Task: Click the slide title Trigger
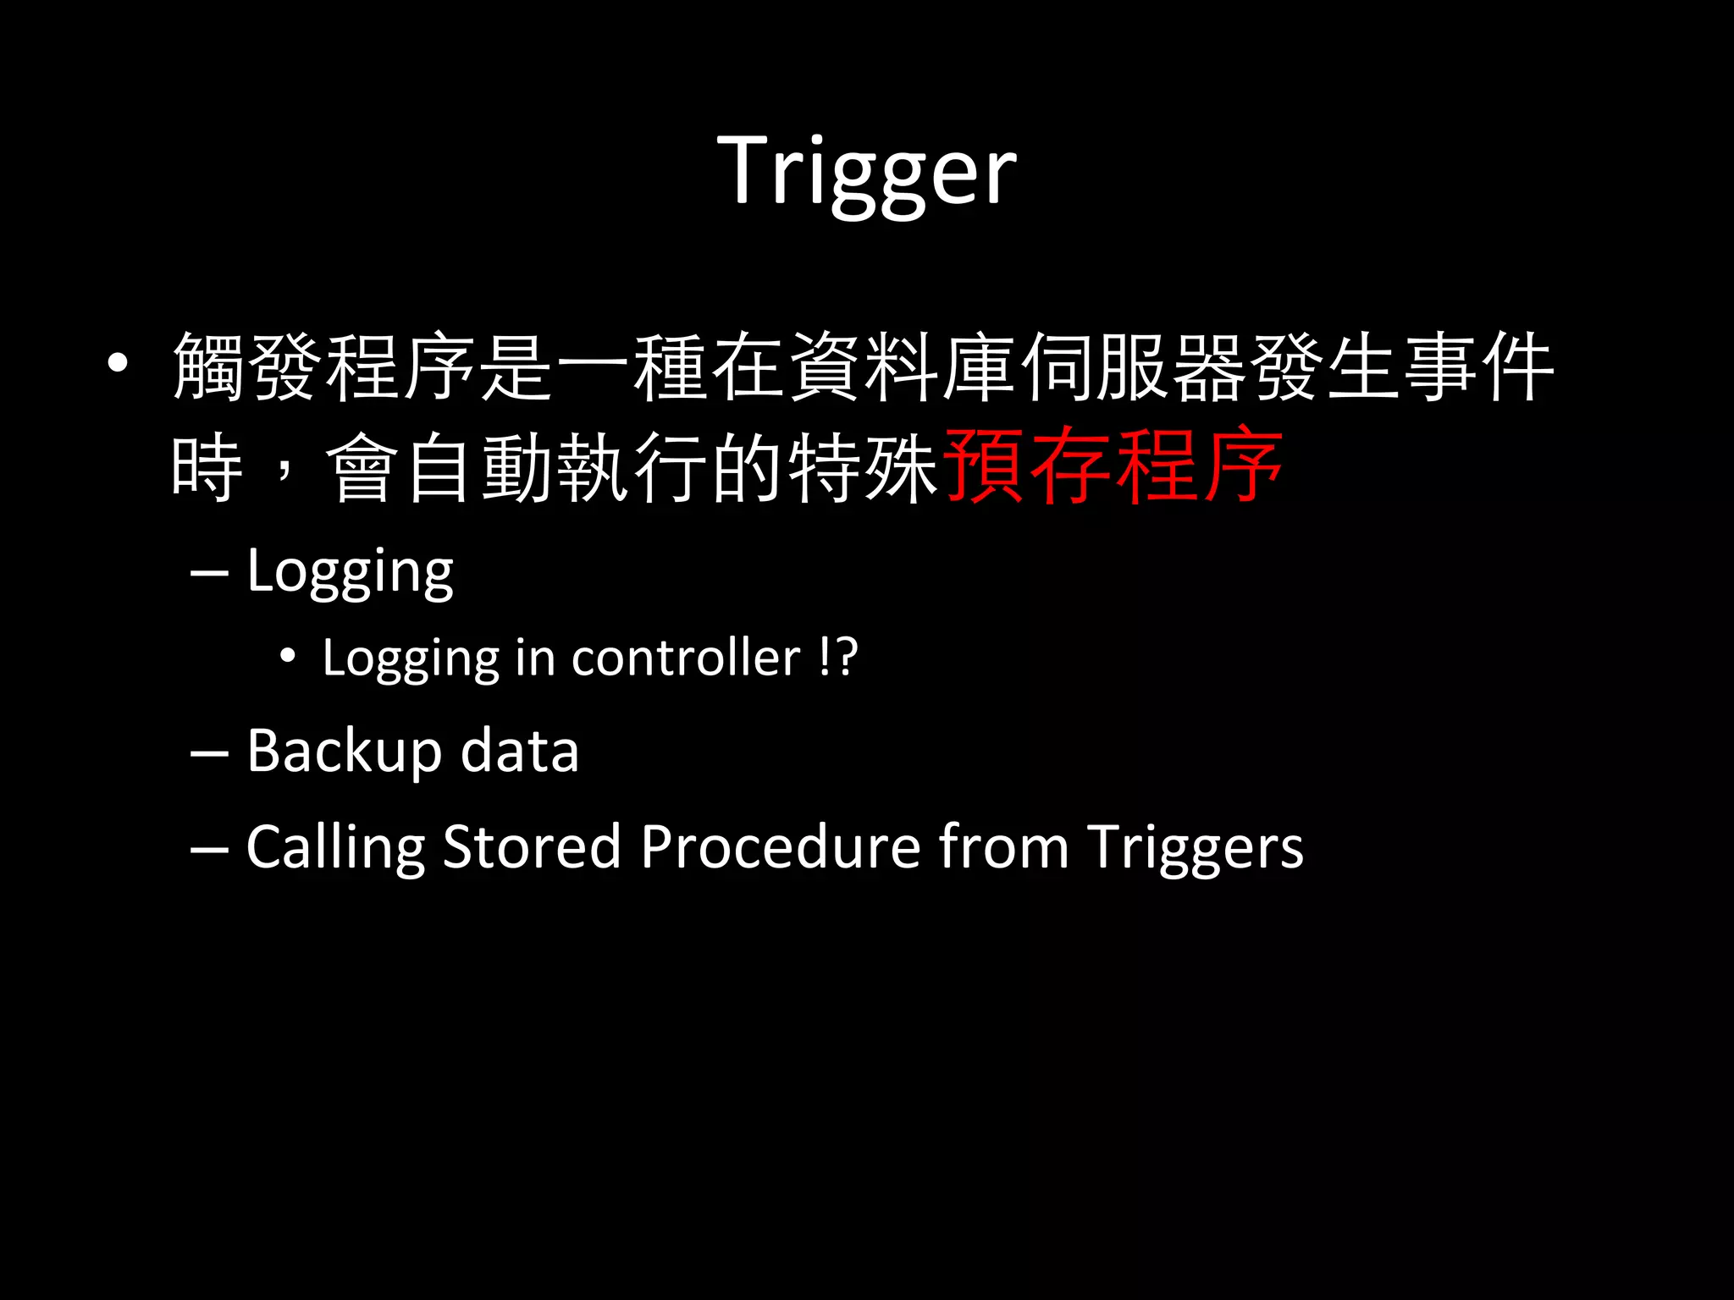tap(866, 173)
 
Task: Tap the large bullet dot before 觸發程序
tap(118, 364)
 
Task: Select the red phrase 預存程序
tap(1113, 466)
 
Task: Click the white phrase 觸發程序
tap(323, 367)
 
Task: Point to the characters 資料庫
tap(902, 367)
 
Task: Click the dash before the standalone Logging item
tap(209, 575)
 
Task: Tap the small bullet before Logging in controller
tap(288, 656)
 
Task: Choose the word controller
tap(686, 658)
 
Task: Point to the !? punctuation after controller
tap(839, 658)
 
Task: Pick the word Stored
tap(532, 846)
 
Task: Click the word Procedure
tap(780, 846)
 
